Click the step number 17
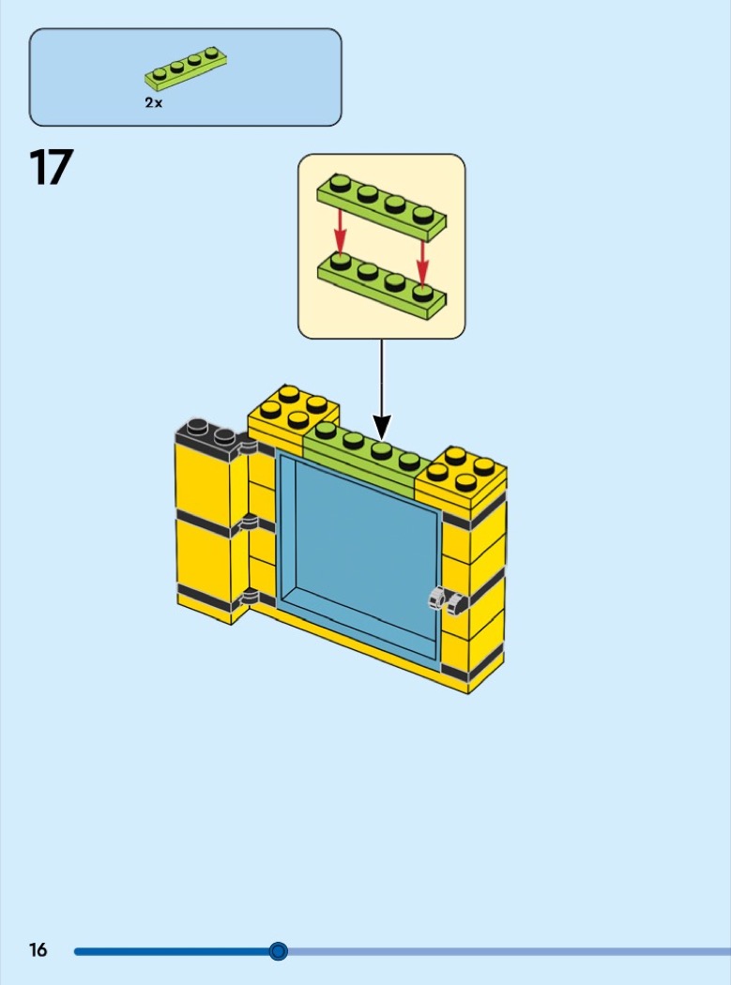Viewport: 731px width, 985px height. pos(51,167)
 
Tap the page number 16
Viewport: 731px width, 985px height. pos(38,949)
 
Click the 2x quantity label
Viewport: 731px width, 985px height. pos(153,102)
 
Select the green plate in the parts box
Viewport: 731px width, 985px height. pos(186,68)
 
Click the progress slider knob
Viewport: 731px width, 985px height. pos(279,951)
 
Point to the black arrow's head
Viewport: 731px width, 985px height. pos(382,427)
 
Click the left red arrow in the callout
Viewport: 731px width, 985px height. pos(340,231)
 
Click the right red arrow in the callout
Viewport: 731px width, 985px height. pos(422,265)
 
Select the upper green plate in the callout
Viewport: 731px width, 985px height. pos(382,207)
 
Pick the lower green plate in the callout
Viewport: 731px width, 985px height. pos(382,286)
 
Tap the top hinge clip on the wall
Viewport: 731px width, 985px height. pos(249,447)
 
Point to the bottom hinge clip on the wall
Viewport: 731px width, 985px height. pos(250,595)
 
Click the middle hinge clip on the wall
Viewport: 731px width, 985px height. pos(249,522)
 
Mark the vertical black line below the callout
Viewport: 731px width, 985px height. pos(382,377)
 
